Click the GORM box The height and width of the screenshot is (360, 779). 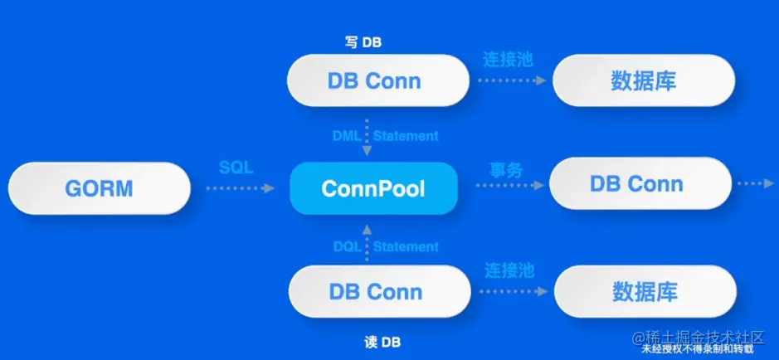tap(99, 188)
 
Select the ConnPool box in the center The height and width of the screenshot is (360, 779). tap(373, 188)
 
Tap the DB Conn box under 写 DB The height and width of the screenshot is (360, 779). tap(374, 81)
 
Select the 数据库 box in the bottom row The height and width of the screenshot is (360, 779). tap(645, 292)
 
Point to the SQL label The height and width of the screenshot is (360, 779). tap(236, 168)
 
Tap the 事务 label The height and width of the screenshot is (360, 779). tap(506, 170)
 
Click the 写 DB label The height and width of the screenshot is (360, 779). tap(363, 41)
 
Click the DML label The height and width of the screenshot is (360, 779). tap(347, 135)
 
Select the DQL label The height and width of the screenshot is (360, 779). tap(347, 246)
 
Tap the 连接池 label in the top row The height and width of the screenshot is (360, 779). tap(508, 60)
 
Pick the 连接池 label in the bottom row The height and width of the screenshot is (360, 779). tap(508, 270)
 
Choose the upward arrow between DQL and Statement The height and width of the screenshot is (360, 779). tap(367, 245)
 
